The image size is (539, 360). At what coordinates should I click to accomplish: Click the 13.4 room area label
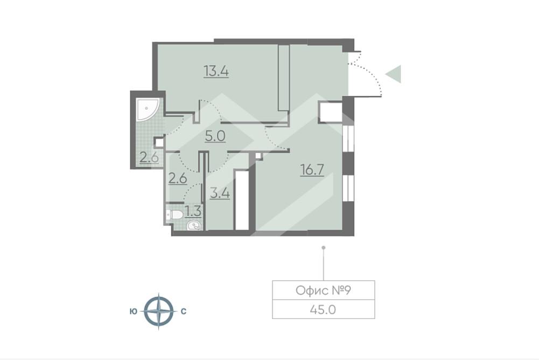[x=216, y=72]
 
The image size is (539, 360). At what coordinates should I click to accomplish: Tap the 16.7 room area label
[x=312, y=170]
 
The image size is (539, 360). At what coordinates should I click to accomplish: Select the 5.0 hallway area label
[x=215, y=136]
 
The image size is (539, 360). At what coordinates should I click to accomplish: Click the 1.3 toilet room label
[x=193, y=211]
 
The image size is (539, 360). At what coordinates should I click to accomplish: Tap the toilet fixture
[x=174, y=216]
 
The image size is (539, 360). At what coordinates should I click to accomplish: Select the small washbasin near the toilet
[x=194, y=226]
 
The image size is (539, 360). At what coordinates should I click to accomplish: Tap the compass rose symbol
[x=158, y=311]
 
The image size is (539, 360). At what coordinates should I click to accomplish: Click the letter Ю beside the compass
[x=134, y=311]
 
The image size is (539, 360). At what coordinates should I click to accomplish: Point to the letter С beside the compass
[x=184, y=311]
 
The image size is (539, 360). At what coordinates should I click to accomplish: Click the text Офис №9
[x=323, y=290]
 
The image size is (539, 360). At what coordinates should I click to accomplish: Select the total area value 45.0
[x=323, y=309]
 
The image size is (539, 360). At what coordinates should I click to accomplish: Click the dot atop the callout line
[x=324, y=247]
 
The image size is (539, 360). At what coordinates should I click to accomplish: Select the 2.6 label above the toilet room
[x=177, y=178]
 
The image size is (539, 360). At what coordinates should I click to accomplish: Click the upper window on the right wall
[x=348, y=139]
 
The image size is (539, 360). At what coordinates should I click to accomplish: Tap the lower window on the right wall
[x=348, y=188]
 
